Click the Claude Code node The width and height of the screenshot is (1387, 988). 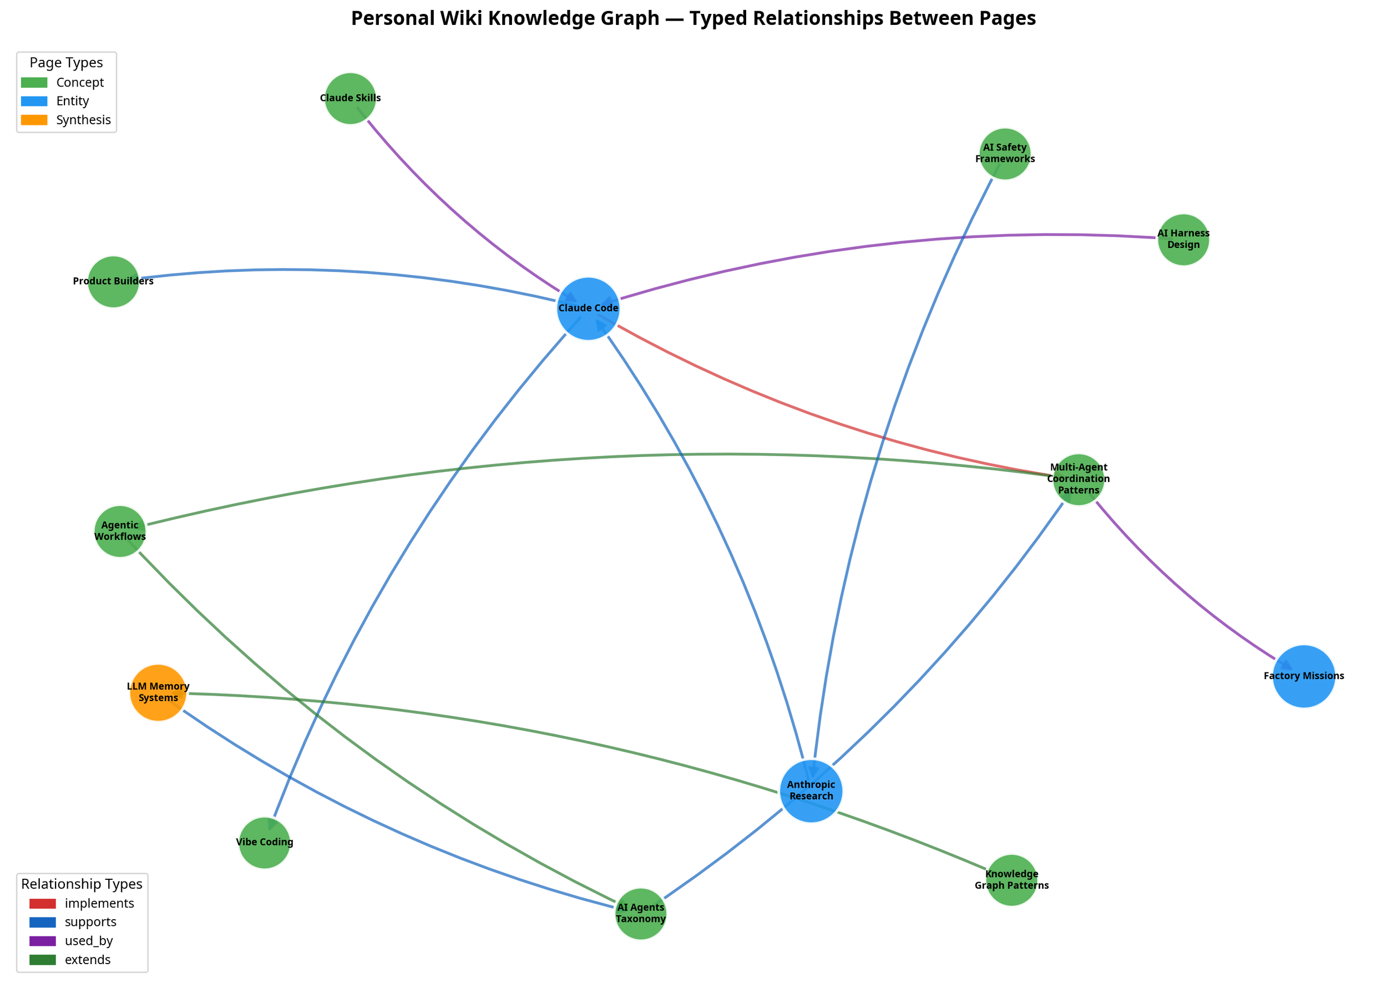point(588,308)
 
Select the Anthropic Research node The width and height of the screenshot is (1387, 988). point(811,791)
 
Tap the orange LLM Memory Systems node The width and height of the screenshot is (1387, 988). point(158,692)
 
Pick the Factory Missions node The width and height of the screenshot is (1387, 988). point(1303,676)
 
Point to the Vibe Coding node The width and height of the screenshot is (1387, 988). point(265,843)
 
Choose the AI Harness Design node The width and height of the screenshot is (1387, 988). point(1183,240)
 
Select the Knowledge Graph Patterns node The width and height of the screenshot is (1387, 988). point(1011,880)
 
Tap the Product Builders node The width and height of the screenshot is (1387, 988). point(113,282)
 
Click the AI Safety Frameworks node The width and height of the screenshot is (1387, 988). point(1004,153)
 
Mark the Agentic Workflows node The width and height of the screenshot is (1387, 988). point(120,531)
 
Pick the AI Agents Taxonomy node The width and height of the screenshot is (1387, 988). point(640,913)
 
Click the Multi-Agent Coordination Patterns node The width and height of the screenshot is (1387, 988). point(1078,479)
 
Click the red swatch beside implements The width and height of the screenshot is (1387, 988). point(43,904)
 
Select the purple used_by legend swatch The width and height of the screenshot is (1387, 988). point(43,941)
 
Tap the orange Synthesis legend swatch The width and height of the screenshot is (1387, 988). point(34,120)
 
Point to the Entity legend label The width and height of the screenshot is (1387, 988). point(72,101)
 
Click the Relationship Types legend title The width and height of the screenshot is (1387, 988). point(82,884)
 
